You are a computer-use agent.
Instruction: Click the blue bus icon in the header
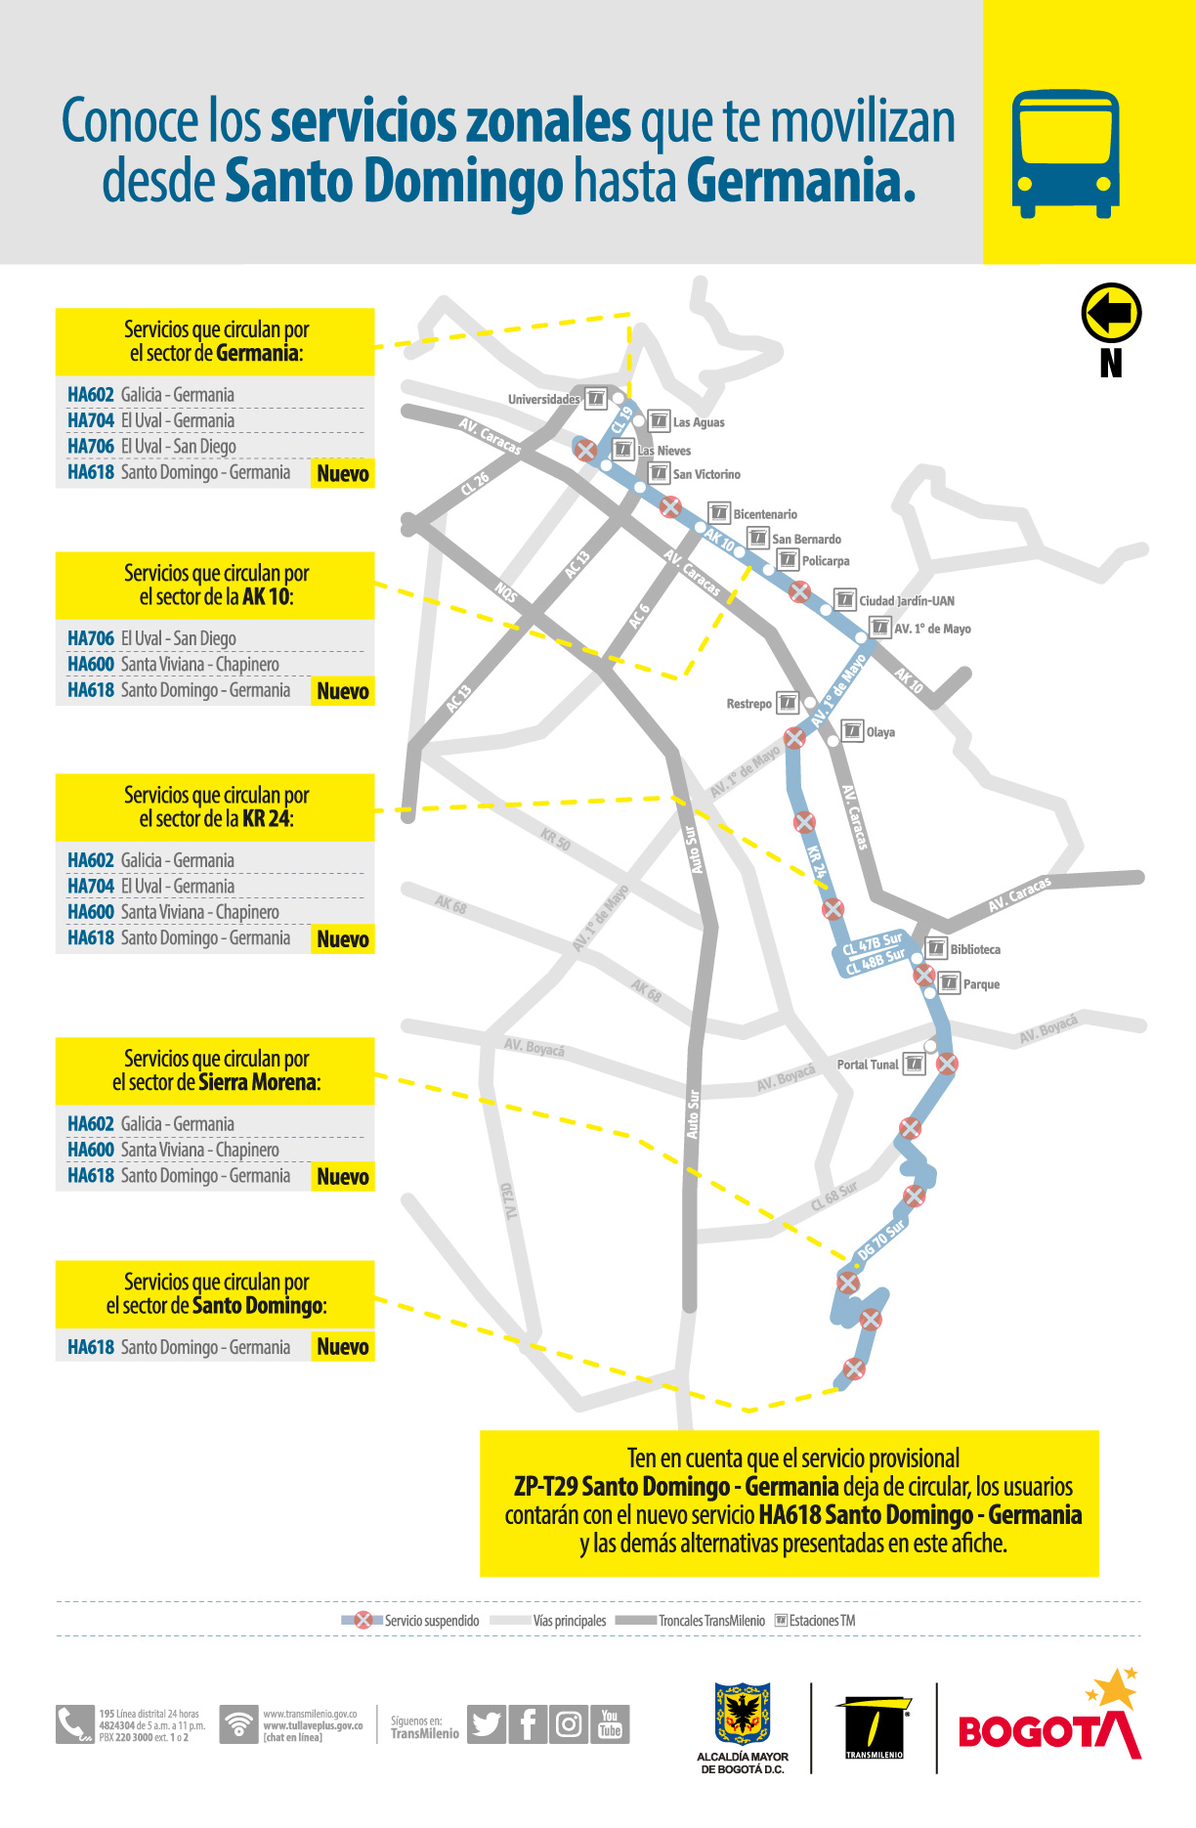pyautogui.click(x=1065, y=153)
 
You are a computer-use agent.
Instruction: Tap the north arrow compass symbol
pyautogui.click(x=1111, y=313)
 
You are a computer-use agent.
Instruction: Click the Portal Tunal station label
pyautogui.click(x=867, y=1065)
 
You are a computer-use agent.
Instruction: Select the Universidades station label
pyautogui.click(x=543, y=399)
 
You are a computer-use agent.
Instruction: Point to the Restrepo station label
pyautogui.click(x=748, y=704)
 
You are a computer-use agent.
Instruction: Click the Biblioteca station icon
pyautogui.click(x=936, y=948)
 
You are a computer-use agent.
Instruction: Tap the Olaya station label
pyautogui.click(x=880, y=732)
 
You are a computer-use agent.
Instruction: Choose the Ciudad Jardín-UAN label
pyautogui.click(x=907, y=601)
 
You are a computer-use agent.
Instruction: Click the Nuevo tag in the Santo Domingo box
pyautogui.click(x=343, y=1347)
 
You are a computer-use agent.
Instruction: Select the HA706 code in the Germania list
pyautogui.click(x=91, y=447)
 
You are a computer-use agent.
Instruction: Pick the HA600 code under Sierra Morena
pyautogui.click(x=91, y=1150)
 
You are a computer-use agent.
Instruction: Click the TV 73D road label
pyautogui.click(x=509, y=1201)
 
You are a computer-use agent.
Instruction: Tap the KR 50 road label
pyautogui.click(x=555, y=840)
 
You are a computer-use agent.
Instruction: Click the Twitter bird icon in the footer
pyautogui.click(x=486, y=1724)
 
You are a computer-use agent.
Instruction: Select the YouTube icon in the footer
pyautogui.click(x=611, y=1724)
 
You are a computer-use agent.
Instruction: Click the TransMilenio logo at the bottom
pyautogui.click(x=874, y=1728)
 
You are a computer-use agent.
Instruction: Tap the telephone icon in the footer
pyautogui.click(x=73, y=1724)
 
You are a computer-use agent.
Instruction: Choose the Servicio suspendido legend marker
pyautogui.click(x=363, y=1620)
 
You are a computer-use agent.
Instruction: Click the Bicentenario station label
pyautogui.click(x=765, y=514)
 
